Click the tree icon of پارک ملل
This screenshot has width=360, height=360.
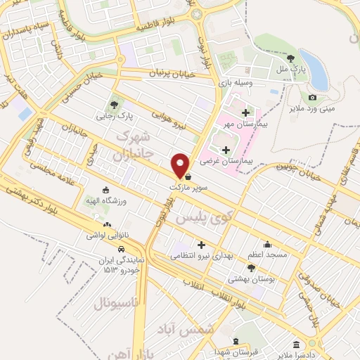[291, 58]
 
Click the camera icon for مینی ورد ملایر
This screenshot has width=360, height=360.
[312, 98]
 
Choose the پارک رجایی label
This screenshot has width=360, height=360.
[115, 115]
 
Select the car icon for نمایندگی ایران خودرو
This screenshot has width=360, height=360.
[121, 249]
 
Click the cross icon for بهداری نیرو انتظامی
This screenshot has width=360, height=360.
[201, 245]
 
